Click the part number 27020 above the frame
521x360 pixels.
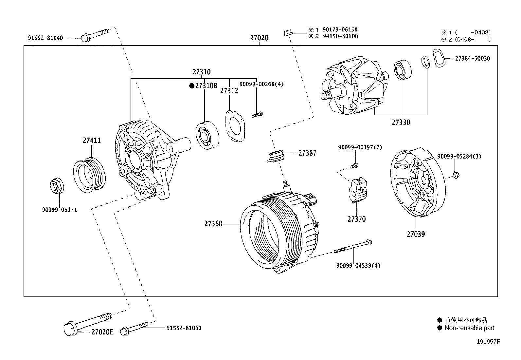pyautogui.click(x=259, y=38)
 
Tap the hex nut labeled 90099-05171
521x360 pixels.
pyautogui.click(x=57, y=186)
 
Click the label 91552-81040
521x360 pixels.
pyautogui.click(x=45, y=38)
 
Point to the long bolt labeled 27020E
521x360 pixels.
pyautogui.click(x=87, y=323)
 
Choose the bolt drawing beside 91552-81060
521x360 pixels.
pyautogui.click(x=135, y=328)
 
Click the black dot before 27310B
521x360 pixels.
pyautogui.click(x=192, y=86)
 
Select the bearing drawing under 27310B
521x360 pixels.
pyautogui.click(x=207, y=135)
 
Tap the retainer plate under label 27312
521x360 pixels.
pyautogui.click(x=235, y=126)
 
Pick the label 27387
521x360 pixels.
pyautogui.click(x=307, y=153)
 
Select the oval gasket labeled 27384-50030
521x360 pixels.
pyautogui.click(x=439, y=59)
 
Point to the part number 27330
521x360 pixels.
pyautogui.click(x=401, y=123)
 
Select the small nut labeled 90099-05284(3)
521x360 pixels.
pyautogui.click(x=457, y=175)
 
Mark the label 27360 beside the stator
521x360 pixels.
pyautogui.click(x=213, y=224)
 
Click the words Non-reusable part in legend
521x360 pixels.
pyautogui.click(x=469, y=328)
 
